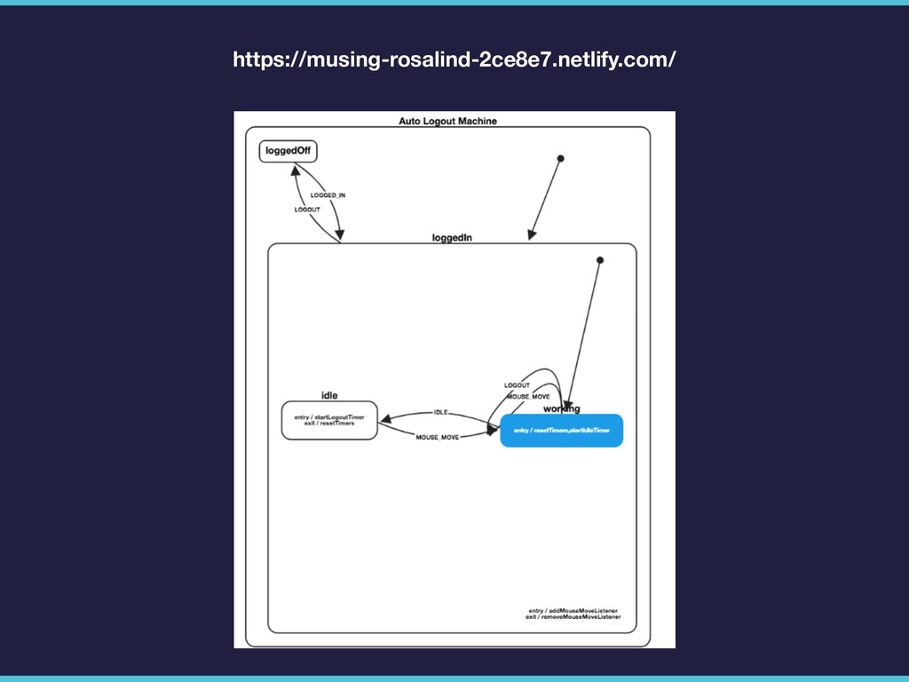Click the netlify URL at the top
pos(454,59)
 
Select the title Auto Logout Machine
pos(447,121)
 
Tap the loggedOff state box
pos(288,151)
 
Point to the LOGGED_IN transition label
pos(328,194)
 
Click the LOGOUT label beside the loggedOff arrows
pos(307,210)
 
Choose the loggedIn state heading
pos(452,237)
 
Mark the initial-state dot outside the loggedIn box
pos(560,158)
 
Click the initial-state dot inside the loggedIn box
pos(600,260)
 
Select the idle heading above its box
pos(329,395)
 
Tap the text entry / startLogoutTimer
pos(329,416)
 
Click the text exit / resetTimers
pos(329,424)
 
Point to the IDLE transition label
pos(441,412)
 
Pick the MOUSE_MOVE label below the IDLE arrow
pos(438,438)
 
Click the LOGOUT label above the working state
pos(517,385)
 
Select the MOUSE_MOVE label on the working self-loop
pos(528,396)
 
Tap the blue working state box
pos(561,430)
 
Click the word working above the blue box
pos(561,408)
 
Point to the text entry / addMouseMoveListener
pos(573,611)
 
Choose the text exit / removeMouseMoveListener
pos(573,618)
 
